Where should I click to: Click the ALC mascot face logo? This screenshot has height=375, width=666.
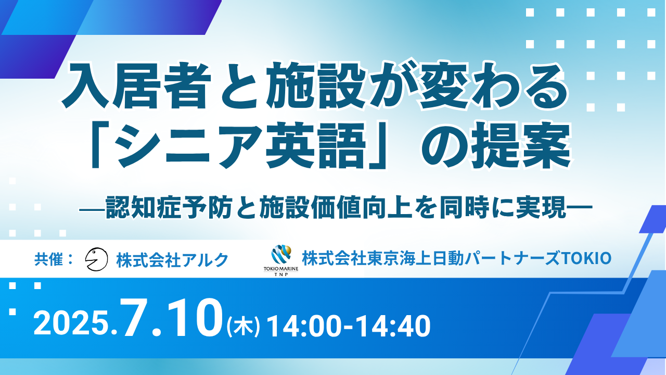[96, 259]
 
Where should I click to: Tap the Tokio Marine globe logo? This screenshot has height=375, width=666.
[281, 255]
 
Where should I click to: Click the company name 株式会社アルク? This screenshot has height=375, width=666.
[172, 260]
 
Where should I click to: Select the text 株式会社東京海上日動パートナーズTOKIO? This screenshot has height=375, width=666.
[456, 258]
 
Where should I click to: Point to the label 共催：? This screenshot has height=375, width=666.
[54, 259]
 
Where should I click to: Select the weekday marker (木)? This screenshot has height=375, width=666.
[243, 327]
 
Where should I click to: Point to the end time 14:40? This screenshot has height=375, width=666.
[393, 327]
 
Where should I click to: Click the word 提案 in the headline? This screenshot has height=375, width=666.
[520, 146]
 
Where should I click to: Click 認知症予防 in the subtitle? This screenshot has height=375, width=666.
[168, 207]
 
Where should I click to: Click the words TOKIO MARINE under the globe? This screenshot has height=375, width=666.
[281, 269]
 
